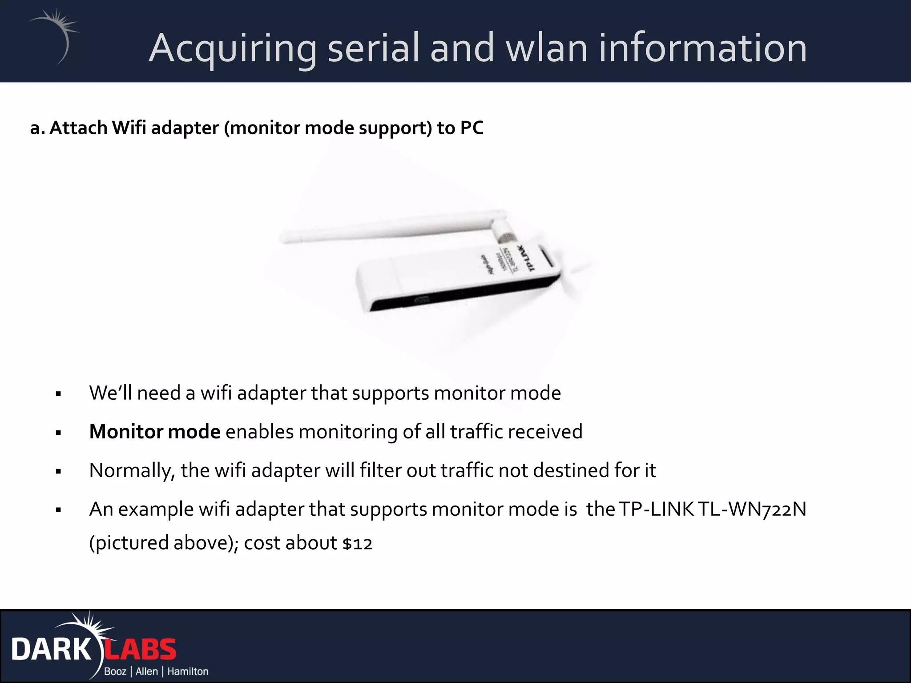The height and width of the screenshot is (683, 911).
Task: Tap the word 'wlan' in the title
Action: pyautogui.click(x=547, y=48)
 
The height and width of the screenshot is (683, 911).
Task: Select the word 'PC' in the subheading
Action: pyautogui.click(x=472, y=128)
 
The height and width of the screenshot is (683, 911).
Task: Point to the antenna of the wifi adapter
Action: pyautogui.click(x=391, y=227)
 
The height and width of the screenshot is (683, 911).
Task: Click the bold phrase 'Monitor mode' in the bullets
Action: pyautogui.click(x=154, y=432)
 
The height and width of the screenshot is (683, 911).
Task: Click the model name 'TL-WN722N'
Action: pyautogui.click(x=752, y=509)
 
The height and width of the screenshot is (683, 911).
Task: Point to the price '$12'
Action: pyautogui.click(x=357, y=543)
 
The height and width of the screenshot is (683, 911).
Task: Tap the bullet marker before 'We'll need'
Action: pyautogui.click(x=58, y=394)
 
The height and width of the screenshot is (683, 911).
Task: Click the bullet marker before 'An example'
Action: pyautogui.click(x=58, y=510)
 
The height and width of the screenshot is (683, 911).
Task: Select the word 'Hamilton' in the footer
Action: pyautogui.click(x=188, y=671)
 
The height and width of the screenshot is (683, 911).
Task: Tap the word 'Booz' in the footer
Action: pyautogui.click(x=115, y=671)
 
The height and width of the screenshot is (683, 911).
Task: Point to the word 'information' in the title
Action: pyautogui.click(x=703, y=48)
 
